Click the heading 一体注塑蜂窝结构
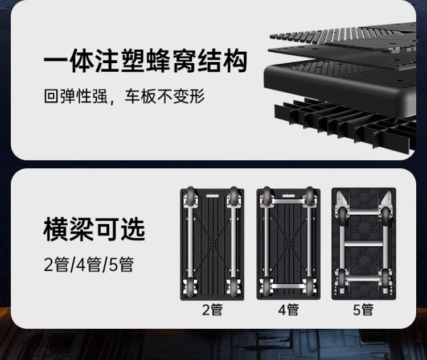coord(146,61)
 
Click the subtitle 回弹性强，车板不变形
coord(124,95)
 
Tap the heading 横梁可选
coord(95,229)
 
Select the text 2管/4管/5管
coord(88,264)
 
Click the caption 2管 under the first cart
coord(212,310)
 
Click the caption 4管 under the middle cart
coord(288,310)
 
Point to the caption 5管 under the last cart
coord(363,310)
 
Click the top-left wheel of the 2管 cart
coord(190,197)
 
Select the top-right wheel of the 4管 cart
coord(310,197)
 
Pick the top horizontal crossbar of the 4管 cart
coord(288,203)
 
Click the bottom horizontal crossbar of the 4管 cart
coord(288,283)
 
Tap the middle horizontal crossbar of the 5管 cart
coord(364,245)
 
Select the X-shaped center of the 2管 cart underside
coord(212,243)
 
